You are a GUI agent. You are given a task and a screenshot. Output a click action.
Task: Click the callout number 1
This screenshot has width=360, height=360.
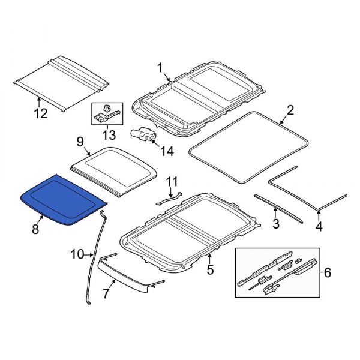(x=160, y=68)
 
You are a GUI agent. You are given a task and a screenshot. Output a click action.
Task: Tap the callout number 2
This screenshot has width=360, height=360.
(x=290, y=110)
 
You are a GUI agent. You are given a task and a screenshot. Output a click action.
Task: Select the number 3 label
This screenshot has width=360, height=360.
(x=275, y=224)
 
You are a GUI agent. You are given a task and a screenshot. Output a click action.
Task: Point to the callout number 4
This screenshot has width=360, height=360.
(x=319, y=227)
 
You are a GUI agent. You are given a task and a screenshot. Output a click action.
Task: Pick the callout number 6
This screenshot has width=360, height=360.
(x=327, y=272)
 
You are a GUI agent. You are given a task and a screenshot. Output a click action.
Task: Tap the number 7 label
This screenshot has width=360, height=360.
(x=106, y=294)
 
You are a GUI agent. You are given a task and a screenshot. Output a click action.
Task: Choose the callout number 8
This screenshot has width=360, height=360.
(x=35, y=229)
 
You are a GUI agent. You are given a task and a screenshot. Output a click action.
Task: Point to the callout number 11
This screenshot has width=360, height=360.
(x=172, y=181)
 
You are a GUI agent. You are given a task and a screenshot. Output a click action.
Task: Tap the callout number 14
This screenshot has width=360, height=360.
(x=167, y=152)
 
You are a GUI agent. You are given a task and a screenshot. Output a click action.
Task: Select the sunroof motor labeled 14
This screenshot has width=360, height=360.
(x=143, y=135)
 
